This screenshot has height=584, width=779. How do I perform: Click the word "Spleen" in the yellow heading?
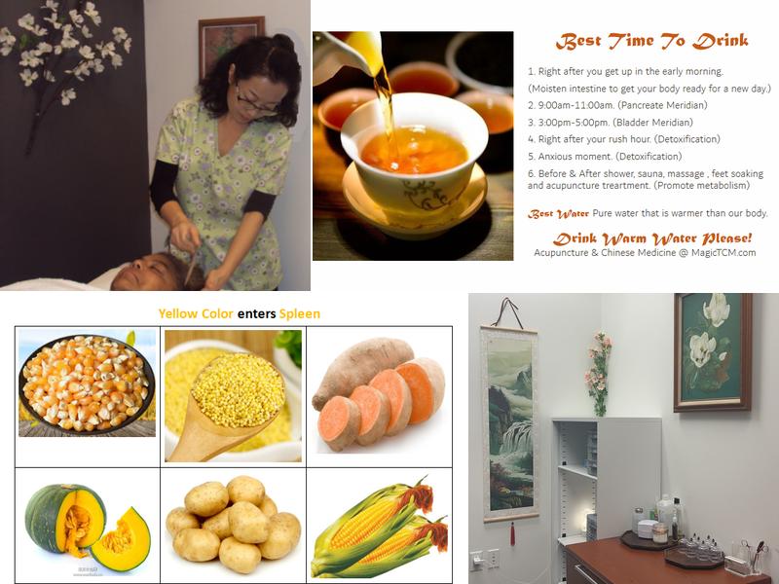click(x=300, y=313)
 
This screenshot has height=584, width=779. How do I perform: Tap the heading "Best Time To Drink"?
click(x=651, y=41)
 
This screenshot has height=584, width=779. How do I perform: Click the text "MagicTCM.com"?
click(x=723, y=253)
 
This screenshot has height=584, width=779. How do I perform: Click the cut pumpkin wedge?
click(x=121, y=540)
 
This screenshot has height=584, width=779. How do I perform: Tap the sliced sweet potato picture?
click(x=380, y=394)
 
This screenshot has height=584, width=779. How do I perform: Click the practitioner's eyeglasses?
click(x=255, y=103)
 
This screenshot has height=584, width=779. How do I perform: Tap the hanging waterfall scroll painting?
click(x=509, y=423)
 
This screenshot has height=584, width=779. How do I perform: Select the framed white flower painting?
click(x=712, y=352)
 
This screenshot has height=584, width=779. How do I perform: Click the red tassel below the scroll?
click(x=512, y=533)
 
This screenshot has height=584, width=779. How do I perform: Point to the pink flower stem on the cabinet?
click(x=599, y=374)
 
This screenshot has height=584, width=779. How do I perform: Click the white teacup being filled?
click(x=415, y=149)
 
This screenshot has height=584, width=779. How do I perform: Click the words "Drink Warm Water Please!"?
click(x=652, y=238)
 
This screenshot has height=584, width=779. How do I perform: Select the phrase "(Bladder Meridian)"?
click(x=652, y=123)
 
